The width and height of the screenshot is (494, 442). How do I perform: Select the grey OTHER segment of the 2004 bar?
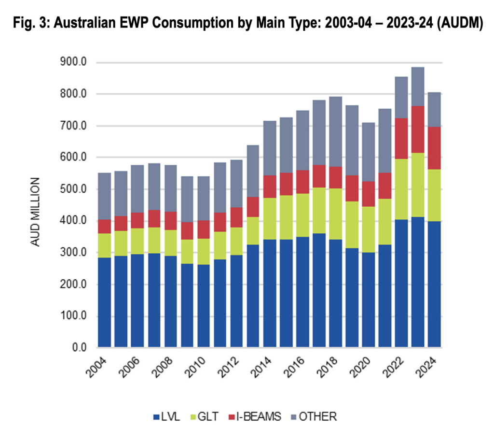104,196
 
